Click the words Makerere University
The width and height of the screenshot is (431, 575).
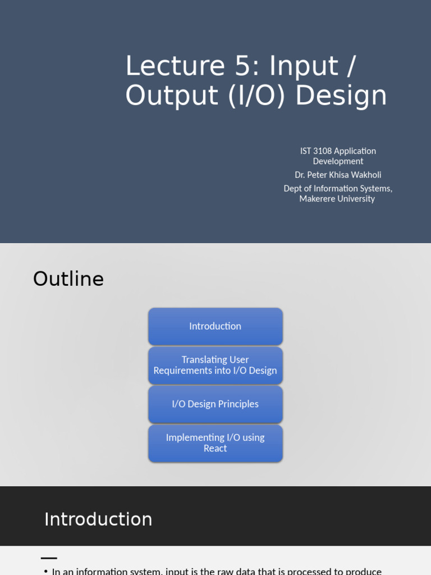pyautogui.click(x=337, y=199)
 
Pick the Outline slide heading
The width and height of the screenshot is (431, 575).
pyautogui.click(x=68, y=279)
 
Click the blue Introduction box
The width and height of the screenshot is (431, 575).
pyautogui.click(x=215, y=326)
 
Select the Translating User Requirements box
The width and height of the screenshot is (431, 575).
pyautogui.click(x=215, y=365)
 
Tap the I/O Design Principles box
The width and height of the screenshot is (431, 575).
pyautogui.click(x=215, y=404)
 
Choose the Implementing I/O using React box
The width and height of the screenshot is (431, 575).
pyautogui.click(x=215, y=443)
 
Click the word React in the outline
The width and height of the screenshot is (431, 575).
pyautogui.click(x=215, y=449)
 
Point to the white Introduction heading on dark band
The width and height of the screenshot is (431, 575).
pyautogui.click(x=98, y=519)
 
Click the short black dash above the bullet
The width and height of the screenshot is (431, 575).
pyautogui.click(x=49, y=558)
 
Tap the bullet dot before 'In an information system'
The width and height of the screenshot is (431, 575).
pyautogui.click(x=46, y=572)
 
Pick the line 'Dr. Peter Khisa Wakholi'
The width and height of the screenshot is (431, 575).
pyautogui.click(x=338, y=175)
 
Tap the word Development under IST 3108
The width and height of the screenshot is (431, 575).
pyautogui.click(x=338, y=161)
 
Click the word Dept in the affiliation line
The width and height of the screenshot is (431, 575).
pyautogui.click(x=294, y=189)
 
